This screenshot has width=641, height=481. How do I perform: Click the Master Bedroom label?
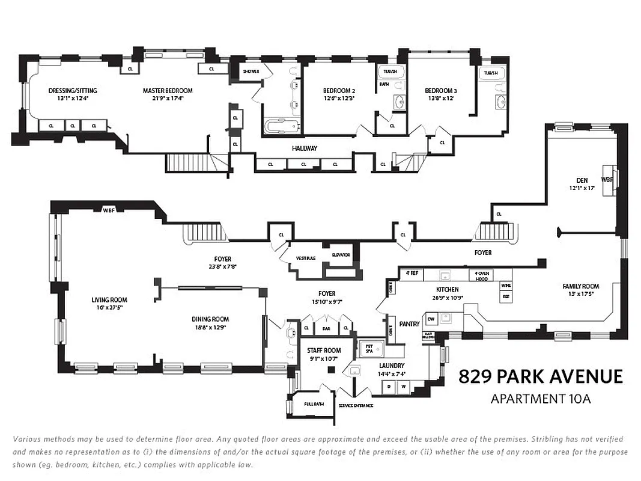point(168,91)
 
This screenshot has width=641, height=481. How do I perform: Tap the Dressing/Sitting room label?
point(73,91)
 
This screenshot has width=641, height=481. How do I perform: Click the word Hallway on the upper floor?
point(305,149)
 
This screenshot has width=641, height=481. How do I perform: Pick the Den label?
point(582,180)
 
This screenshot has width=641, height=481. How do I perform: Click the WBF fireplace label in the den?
point(607,179)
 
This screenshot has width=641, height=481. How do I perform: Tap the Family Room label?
point(580,286)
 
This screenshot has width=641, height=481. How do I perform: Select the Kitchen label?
point(447,289)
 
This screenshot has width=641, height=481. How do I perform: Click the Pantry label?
point(409,324)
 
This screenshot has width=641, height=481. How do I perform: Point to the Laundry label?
point(391,366)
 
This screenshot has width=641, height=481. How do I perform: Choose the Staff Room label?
point(324,351)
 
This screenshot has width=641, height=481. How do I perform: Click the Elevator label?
point(341,255)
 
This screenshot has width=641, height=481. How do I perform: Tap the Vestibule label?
point(306,258)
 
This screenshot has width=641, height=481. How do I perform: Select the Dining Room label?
point(210,319)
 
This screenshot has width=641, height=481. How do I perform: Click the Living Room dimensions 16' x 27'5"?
point(109,307)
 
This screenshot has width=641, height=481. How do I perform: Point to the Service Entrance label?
point(355,405)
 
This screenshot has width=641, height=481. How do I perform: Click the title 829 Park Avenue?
point(541,377)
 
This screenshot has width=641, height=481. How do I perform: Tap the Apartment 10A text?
point(541,399)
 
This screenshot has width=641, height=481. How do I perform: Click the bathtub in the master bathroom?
point(281,127)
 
